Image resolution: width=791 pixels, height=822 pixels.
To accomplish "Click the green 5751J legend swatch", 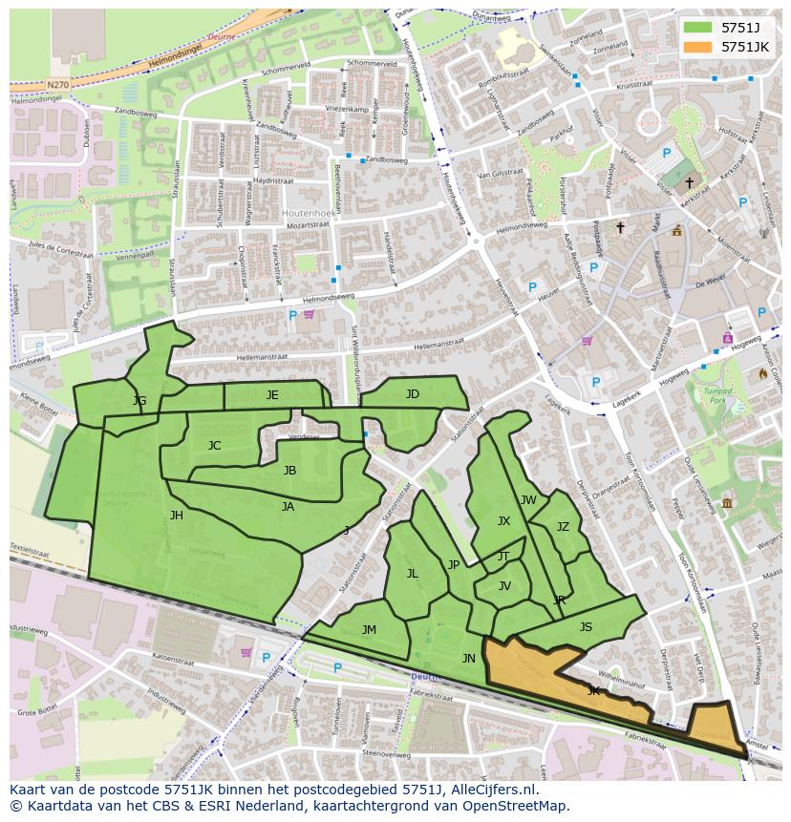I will [x=697, y=27].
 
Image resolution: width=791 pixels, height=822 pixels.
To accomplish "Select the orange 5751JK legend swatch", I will [x=697, y=47].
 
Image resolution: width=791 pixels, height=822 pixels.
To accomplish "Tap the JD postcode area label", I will [x=412, y=393].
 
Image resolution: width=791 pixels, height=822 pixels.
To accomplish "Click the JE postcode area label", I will [x=272, y=394].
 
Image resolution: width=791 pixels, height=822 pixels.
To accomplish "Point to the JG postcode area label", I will [x=139, y=400].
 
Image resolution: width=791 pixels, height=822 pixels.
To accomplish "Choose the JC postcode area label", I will [x=214, y=445].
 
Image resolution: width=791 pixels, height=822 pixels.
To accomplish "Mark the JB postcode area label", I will [x=289, y=470].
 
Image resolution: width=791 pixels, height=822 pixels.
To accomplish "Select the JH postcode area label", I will [x=177, y=515].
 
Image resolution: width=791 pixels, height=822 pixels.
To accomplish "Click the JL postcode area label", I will [x=413, y=573].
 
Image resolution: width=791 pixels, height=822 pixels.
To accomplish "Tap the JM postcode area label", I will [x=369, y=629].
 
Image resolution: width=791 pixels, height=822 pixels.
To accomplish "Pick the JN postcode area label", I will [x=468, y=658].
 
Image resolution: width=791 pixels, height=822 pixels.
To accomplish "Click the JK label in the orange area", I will [x=593, y=689].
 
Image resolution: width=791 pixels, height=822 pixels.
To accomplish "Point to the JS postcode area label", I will [x=586, y=626].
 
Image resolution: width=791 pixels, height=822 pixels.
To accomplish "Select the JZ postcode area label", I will [x=563, y=526].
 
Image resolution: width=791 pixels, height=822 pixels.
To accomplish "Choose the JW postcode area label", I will [x=528, y=499].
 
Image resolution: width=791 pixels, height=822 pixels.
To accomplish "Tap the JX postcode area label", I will [x=503, y=520].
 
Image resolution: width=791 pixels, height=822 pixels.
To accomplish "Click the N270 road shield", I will [x=57, y=85].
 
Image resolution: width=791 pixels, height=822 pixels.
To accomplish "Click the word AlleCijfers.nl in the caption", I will [x=492, y=790].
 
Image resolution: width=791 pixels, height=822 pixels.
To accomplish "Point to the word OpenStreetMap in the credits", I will [x=517, y=806].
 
